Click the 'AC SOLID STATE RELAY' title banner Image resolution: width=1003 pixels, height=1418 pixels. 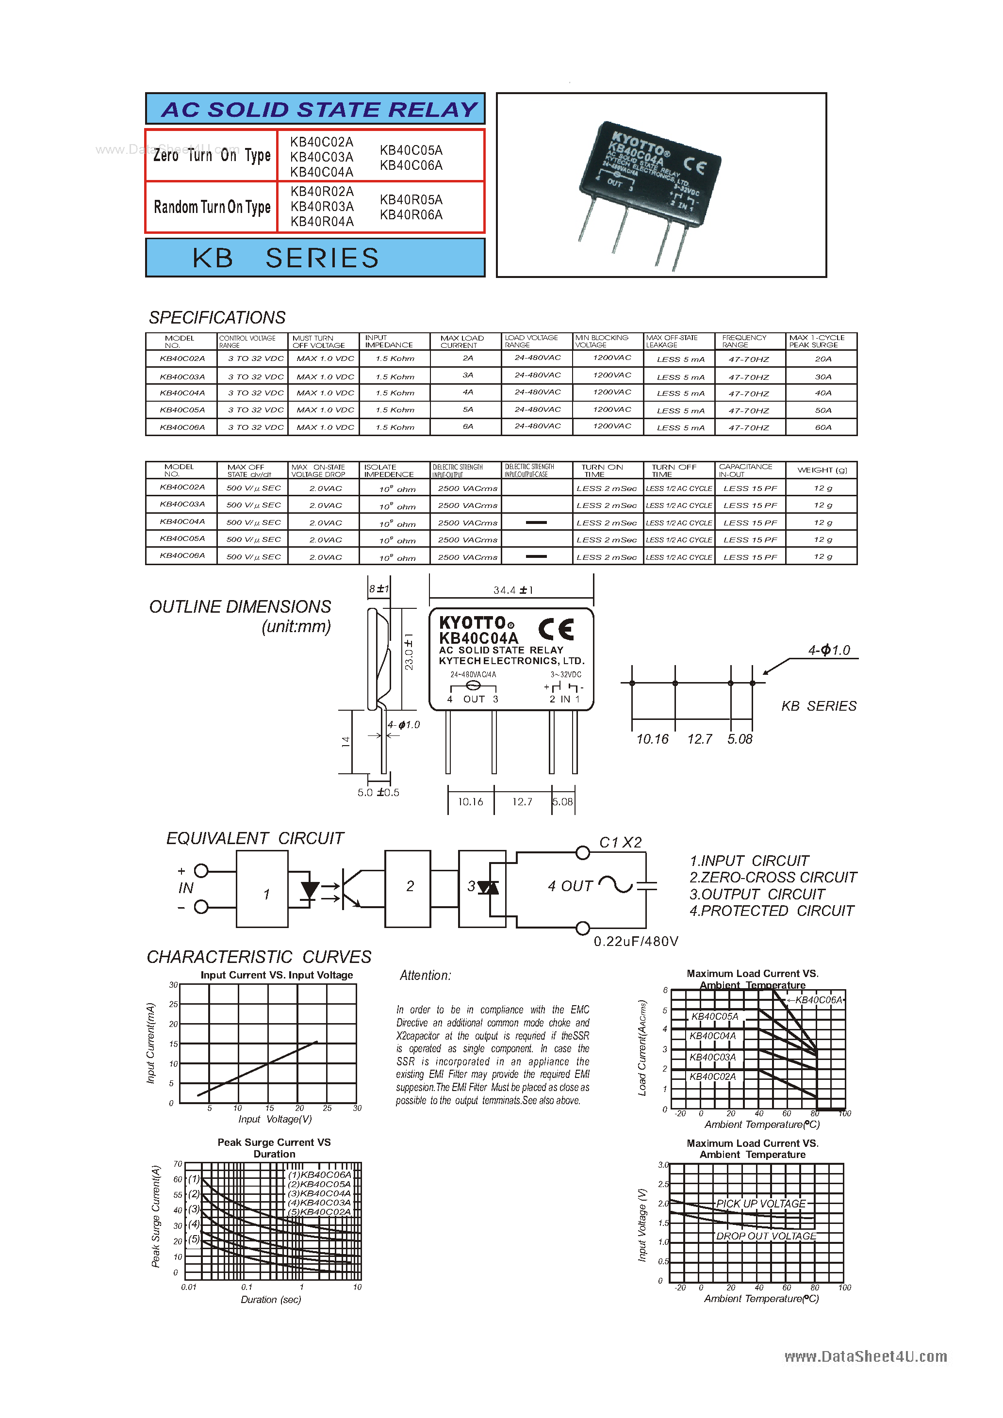tap(319, 109)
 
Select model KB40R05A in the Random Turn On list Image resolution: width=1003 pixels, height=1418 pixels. tap(411, 199)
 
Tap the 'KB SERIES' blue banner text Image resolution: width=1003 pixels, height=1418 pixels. tap(285, 258)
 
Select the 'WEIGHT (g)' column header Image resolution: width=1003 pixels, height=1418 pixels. tap(822, 470)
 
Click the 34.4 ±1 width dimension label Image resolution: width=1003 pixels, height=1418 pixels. tap(512, 590)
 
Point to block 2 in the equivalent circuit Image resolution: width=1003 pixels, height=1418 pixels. tap(409, 887)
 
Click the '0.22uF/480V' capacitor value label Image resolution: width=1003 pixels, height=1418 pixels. tap(636, 941)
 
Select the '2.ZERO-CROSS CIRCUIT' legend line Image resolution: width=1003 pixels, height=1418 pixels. tap(773, 877)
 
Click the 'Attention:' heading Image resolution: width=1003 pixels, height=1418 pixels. tap(425, 975)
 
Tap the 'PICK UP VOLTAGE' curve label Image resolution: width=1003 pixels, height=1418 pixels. tap(760, 1204)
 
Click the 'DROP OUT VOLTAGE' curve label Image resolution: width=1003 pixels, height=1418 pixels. tap(766, 1236)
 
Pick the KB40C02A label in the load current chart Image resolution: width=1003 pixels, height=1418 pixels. tap(713, 1076)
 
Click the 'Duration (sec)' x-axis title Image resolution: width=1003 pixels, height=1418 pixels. tap(270, 1300)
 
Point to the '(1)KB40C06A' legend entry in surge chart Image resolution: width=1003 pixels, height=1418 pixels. tap(319, 1174)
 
